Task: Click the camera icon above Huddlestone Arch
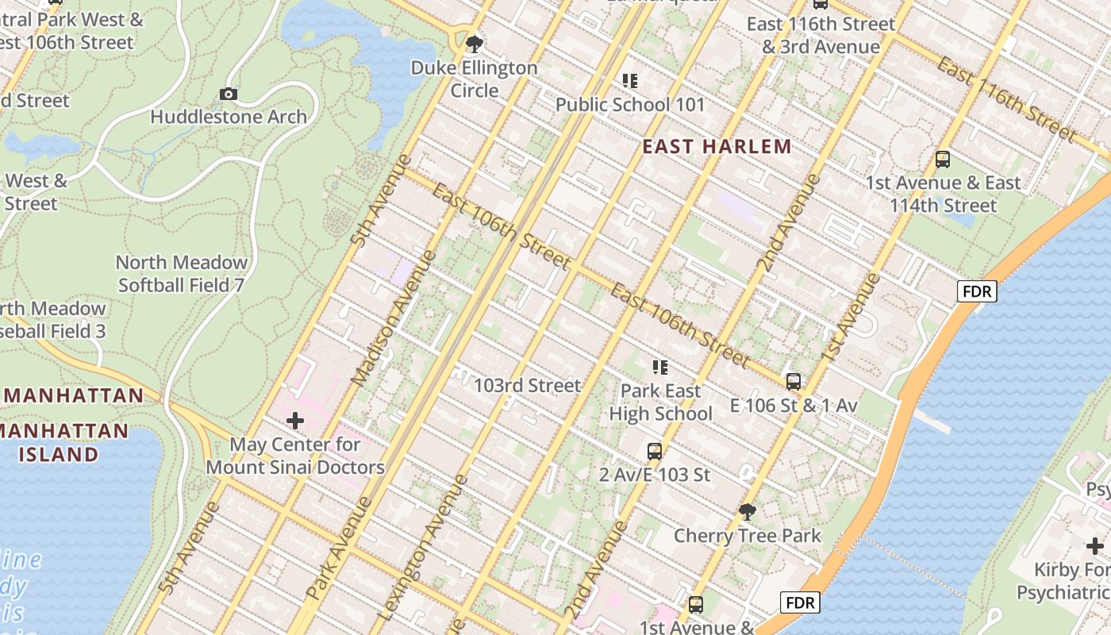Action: point(229,94)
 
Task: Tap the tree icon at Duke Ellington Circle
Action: point(475,44)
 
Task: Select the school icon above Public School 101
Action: point(630,81)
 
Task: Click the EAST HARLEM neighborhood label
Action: point(717,147)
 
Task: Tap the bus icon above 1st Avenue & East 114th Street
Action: point(943,160)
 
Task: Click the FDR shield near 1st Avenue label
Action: point(976,291)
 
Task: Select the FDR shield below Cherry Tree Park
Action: point(799,603)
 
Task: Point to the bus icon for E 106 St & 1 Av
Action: point(793,382)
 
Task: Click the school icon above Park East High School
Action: point(660,368)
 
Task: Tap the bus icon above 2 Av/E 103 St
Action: point(655,452)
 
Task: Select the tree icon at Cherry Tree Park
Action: point(747,511)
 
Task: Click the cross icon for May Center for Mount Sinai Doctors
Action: point(295,421)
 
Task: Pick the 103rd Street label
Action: point(527,386)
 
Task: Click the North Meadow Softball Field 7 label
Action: point(182,273)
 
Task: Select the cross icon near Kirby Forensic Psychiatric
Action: point(1095,546)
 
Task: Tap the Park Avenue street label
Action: point(340,548)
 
